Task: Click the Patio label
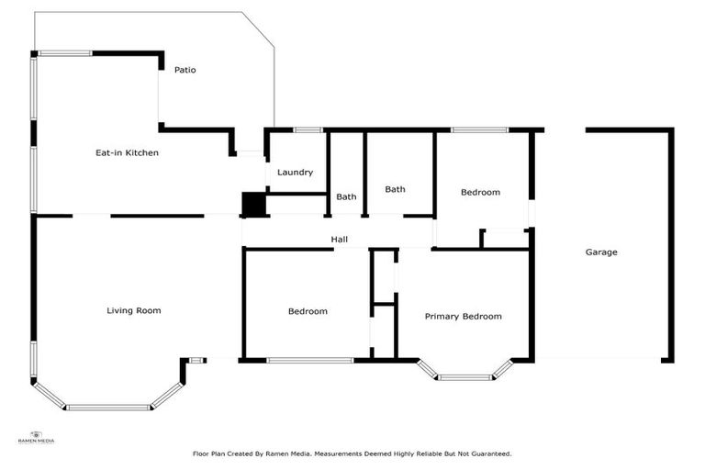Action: (x=185, y=70)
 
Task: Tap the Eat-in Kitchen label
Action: (x=128, y=152)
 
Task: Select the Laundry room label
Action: (x=295, y=172)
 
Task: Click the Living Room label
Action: (x=134, y=310)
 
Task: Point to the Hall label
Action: (x=339, y=240)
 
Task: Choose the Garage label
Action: (x=601, y=252)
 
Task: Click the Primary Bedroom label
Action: (x=463, y=316)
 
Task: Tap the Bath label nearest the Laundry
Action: (x=346, y=196)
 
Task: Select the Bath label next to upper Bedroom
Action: (x=395, y=189)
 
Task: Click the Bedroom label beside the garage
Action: (x=480, y=192)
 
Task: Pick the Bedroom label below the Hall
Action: (x=308, y=311)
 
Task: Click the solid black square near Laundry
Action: (x=252, y=205)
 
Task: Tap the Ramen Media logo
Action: (x=37, y=437)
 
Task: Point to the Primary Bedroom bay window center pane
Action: (x=464, y=376)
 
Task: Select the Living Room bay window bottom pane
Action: (x=108, y=407)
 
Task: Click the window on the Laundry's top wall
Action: (x=308, y=129)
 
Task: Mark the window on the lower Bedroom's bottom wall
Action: (x=309, y=360)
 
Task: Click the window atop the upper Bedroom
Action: (x=479, y=129)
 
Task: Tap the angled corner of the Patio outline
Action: (x=258, y=28)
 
